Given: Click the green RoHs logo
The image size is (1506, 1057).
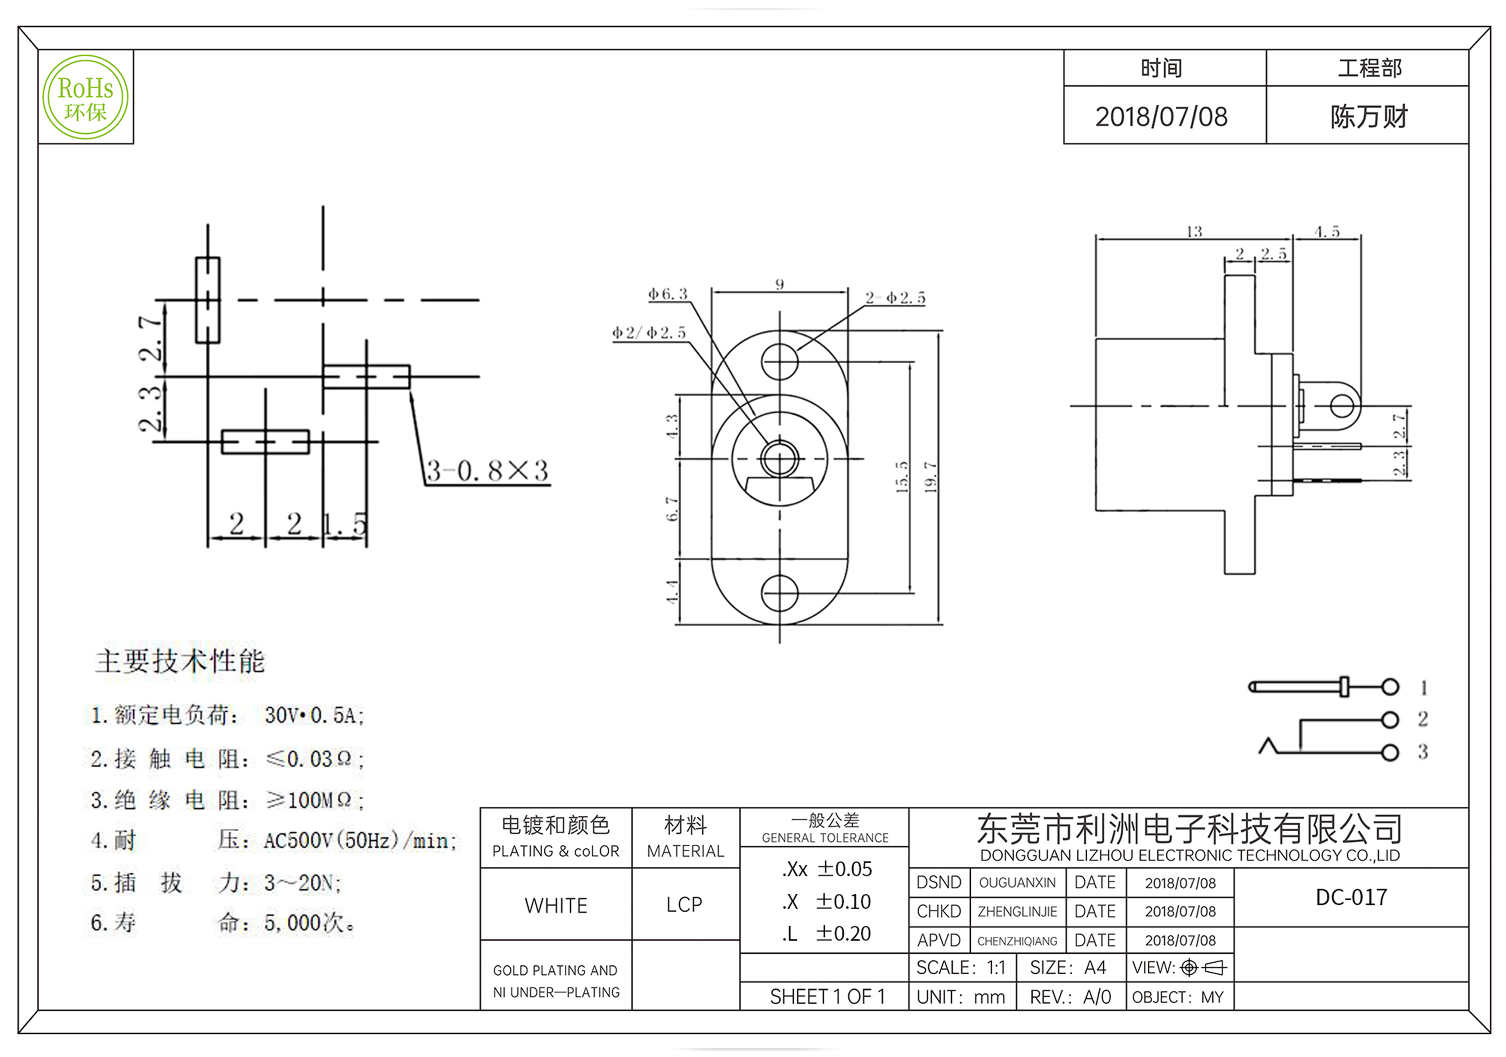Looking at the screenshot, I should (x=85, y=97).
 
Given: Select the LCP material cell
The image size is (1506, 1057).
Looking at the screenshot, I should (x=684, y=905).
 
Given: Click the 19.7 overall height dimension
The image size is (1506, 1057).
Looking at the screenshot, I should (x=930, y=476).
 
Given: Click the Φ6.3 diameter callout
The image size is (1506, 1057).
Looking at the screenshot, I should (x=668, y=294).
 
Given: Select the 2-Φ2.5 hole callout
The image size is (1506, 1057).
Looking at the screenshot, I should (x=895, y=298).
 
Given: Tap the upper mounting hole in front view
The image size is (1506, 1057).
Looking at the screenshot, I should (x=779, y=361).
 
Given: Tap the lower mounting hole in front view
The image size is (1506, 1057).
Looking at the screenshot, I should (x=779, y=593).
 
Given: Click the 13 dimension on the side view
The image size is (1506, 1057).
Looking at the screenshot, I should (x=1194, y=232).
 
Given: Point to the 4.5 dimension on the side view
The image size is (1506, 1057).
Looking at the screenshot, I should (x=1326, y=232).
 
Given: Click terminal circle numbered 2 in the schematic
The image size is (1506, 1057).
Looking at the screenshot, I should (x=1389, y=720).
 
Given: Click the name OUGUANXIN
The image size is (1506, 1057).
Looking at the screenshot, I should (x=1017, y=882).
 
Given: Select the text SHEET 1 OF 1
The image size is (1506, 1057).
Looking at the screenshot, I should (x=827, y=997).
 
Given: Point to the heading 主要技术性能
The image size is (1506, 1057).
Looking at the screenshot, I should (x=180, y=661).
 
